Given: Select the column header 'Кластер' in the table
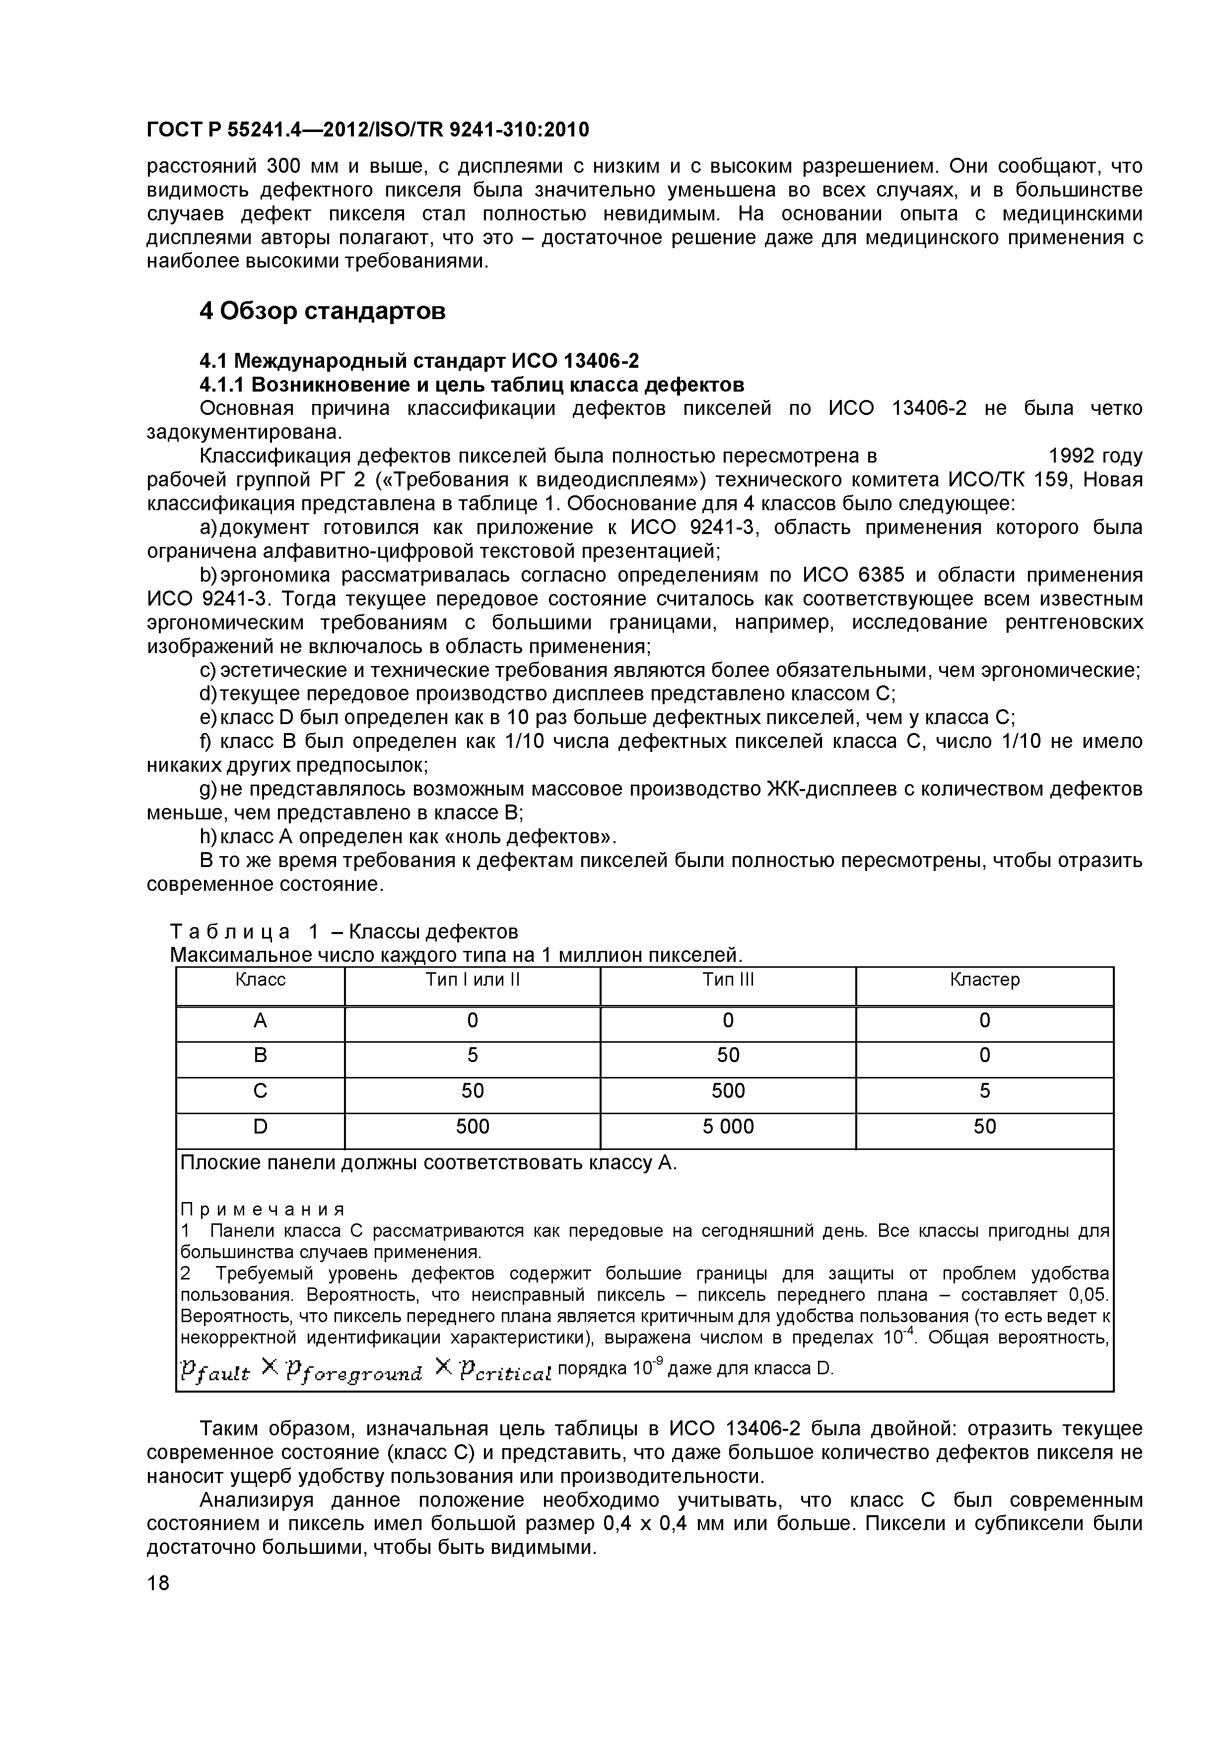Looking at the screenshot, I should pyautogui.click(x=984, y=980).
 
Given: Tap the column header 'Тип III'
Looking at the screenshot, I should pyautogui.click(x=727, y=980).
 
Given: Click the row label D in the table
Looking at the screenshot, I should pyautogui.click(x=260, y=1127).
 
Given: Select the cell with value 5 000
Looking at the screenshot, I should pyautogui.click(x=727, y=1127).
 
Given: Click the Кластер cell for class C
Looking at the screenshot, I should pyautogui.click(x=984, y=1091).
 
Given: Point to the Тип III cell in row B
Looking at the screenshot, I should pyautogui.click(x=727, y=1056).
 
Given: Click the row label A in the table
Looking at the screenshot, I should pyautogui.click(x=260, y=1021).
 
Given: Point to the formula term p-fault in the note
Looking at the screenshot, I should pyautogui.click(x=214, y=1371).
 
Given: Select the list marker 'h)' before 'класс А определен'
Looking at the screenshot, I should pyautogui.click(x=208, y=837).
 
